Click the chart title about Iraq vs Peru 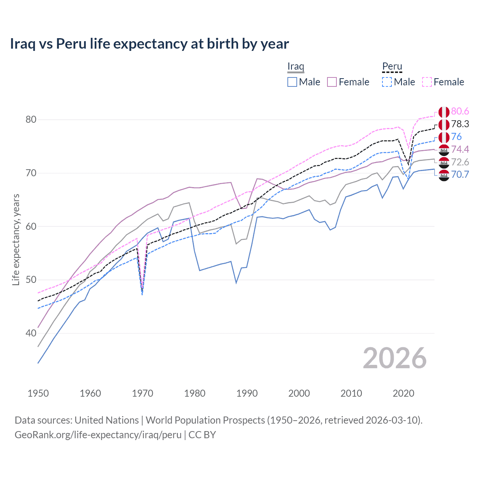[149, 44]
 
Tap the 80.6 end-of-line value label [460, 111]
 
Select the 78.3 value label [460, 124]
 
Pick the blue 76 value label [456, 137]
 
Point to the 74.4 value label [460, 149]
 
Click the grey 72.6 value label [460, 162]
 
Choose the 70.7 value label [460, 174]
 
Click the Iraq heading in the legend [296, 66]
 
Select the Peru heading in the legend [392, 66]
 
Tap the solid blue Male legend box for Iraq [292, 82]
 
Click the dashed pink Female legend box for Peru [427, 82]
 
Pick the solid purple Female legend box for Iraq [332, 82]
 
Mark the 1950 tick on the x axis [38, 393]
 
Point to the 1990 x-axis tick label [247, 393]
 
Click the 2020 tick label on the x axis [403, 393]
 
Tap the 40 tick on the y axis [31, 333]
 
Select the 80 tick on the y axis [31, 120]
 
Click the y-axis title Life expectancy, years [16, 239]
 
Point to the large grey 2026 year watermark [394, 358]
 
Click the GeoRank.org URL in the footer [98, 435]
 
